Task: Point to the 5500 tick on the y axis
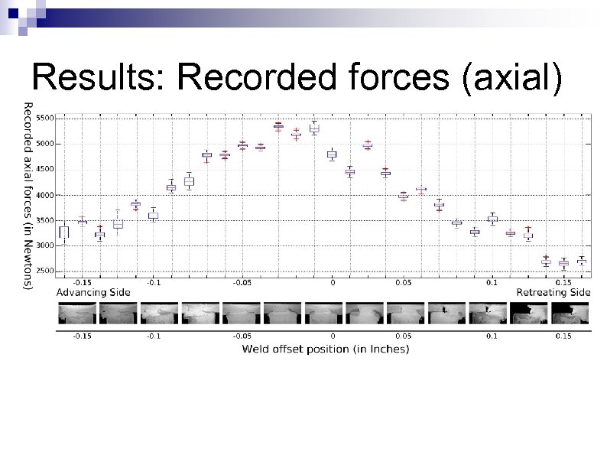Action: pyautogui.click(x=45, y=118)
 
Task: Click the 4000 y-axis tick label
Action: pyautogui.click(x=45, y=195)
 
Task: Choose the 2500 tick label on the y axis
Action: pyautogui.click(x=45, y=271)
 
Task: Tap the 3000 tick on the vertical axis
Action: pyautogui.click(x=45, y=245)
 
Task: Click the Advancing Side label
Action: pyautogui.click(x=93, y=292)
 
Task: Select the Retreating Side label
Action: pyautogui.click(x=553, y=292)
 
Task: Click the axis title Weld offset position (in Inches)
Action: pyautogui.click(x=325, y=349)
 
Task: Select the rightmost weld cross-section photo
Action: pyautogui.click(x=573, y=314)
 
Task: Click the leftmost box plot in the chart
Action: pyautogui.click(x=64, y=232)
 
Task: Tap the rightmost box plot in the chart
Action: pyautogui.click(x=582, y=262)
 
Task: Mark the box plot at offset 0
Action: pyautogui.click(x=332, y=154)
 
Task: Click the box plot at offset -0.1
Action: pyautogui.click(x=153, y=216)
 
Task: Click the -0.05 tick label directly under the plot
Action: pyautogui.click(x=242, y=282)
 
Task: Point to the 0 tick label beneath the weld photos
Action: pyautogui.click(x=332, y=336)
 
